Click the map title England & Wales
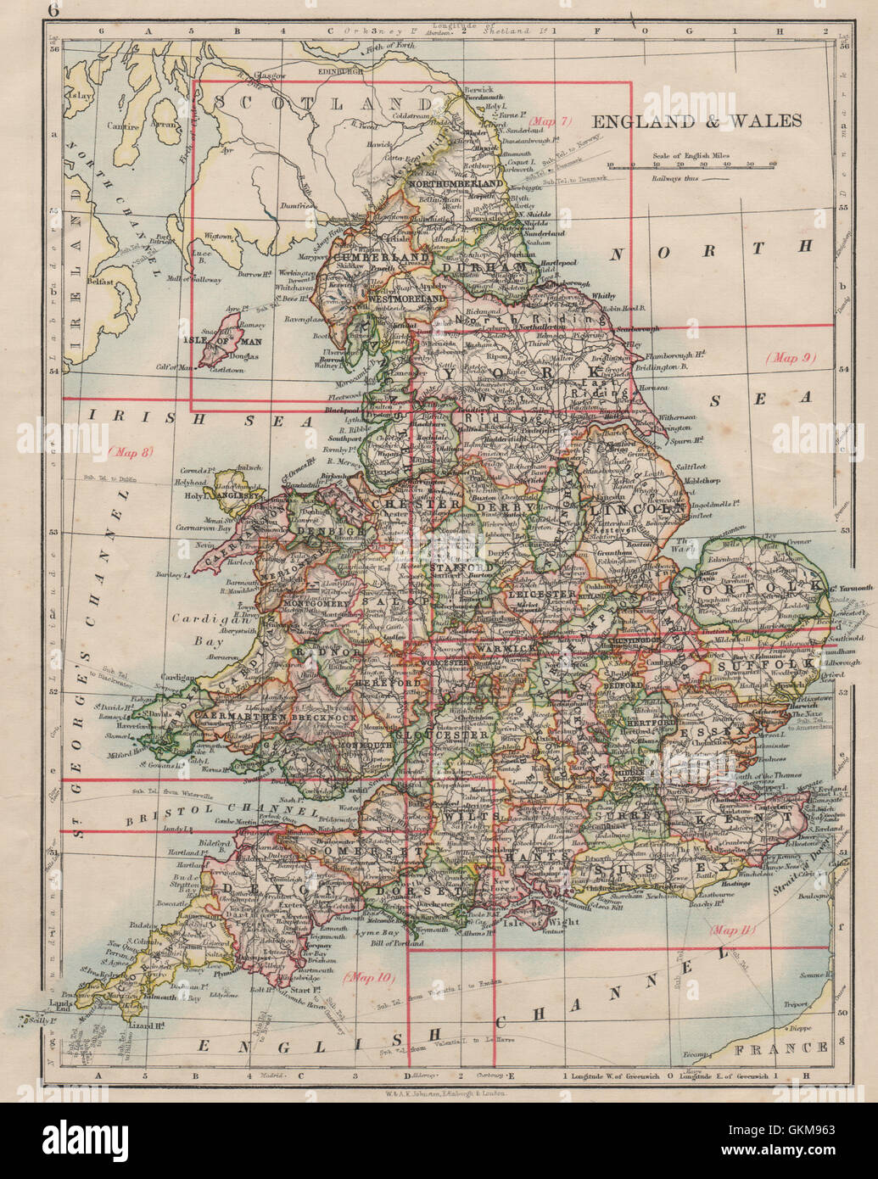click(x=696, y=120)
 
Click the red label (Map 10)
click(x=370, y=977)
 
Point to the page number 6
click(x=54, y=10)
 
